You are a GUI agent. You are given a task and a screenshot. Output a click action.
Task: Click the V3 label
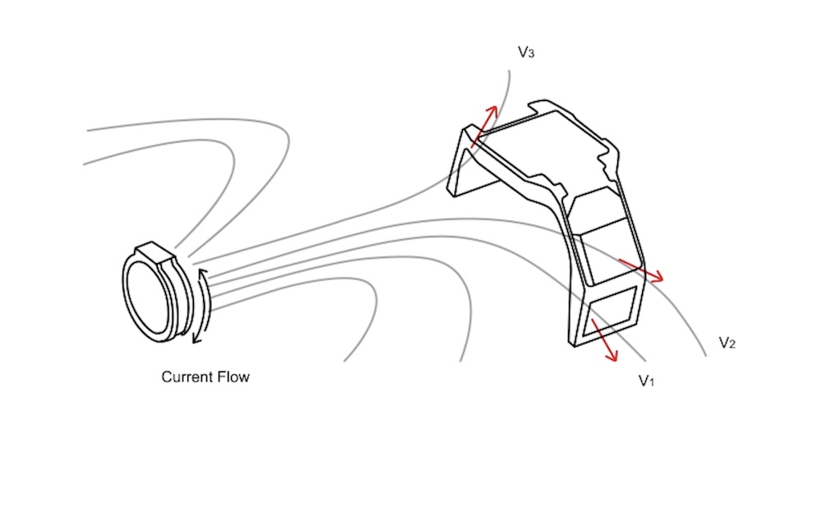coord(526,52)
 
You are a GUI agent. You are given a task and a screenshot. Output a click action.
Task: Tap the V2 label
coord(727,343)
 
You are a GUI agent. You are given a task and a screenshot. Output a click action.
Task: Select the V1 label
coord(646,380)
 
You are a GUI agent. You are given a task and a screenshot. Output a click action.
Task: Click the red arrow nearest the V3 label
coord(483,127)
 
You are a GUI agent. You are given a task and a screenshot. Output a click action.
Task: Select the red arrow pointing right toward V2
coord(641,270)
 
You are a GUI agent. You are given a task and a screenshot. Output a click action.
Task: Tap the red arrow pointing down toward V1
coord(603,339)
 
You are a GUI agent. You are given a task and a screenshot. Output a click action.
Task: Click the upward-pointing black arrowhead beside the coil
coord(202,274)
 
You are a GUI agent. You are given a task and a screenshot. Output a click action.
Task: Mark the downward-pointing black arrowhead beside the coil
coord(197,339)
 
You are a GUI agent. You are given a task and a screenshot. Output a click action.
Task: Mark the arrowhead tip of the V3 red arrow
coord(496,107)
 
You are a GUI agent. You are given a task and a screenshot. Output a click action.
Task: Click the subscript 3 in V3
coord(531,54)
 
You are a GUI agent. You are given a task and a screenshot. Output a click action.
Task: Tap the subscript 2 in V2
coord(732,345)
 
